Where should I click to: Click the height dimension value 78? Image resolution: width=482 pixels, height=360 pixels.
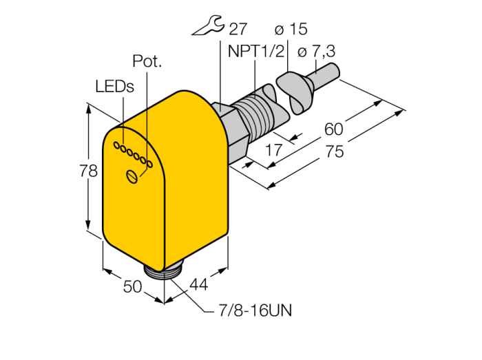click(89, 172)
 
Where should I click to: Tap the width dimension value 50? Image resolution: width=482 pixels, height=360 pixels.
click(132, 286)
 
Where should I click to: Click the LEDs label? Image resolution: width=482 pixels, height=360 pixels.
click(114, 86)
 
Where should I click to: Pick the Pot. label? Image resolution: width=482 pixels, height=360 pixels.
click(147, 61)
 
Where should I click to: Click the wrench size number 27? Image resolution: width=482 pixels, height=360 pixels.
click(238, 29)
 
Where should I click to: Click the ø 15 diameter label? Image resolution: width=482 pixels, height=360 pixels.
click(291, 29)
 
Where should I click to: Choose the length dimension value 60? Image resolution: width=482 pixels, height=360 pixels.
click(333, 129)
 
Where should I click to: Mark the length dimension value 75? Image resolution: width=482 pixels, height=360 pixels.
click(335, 152)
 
